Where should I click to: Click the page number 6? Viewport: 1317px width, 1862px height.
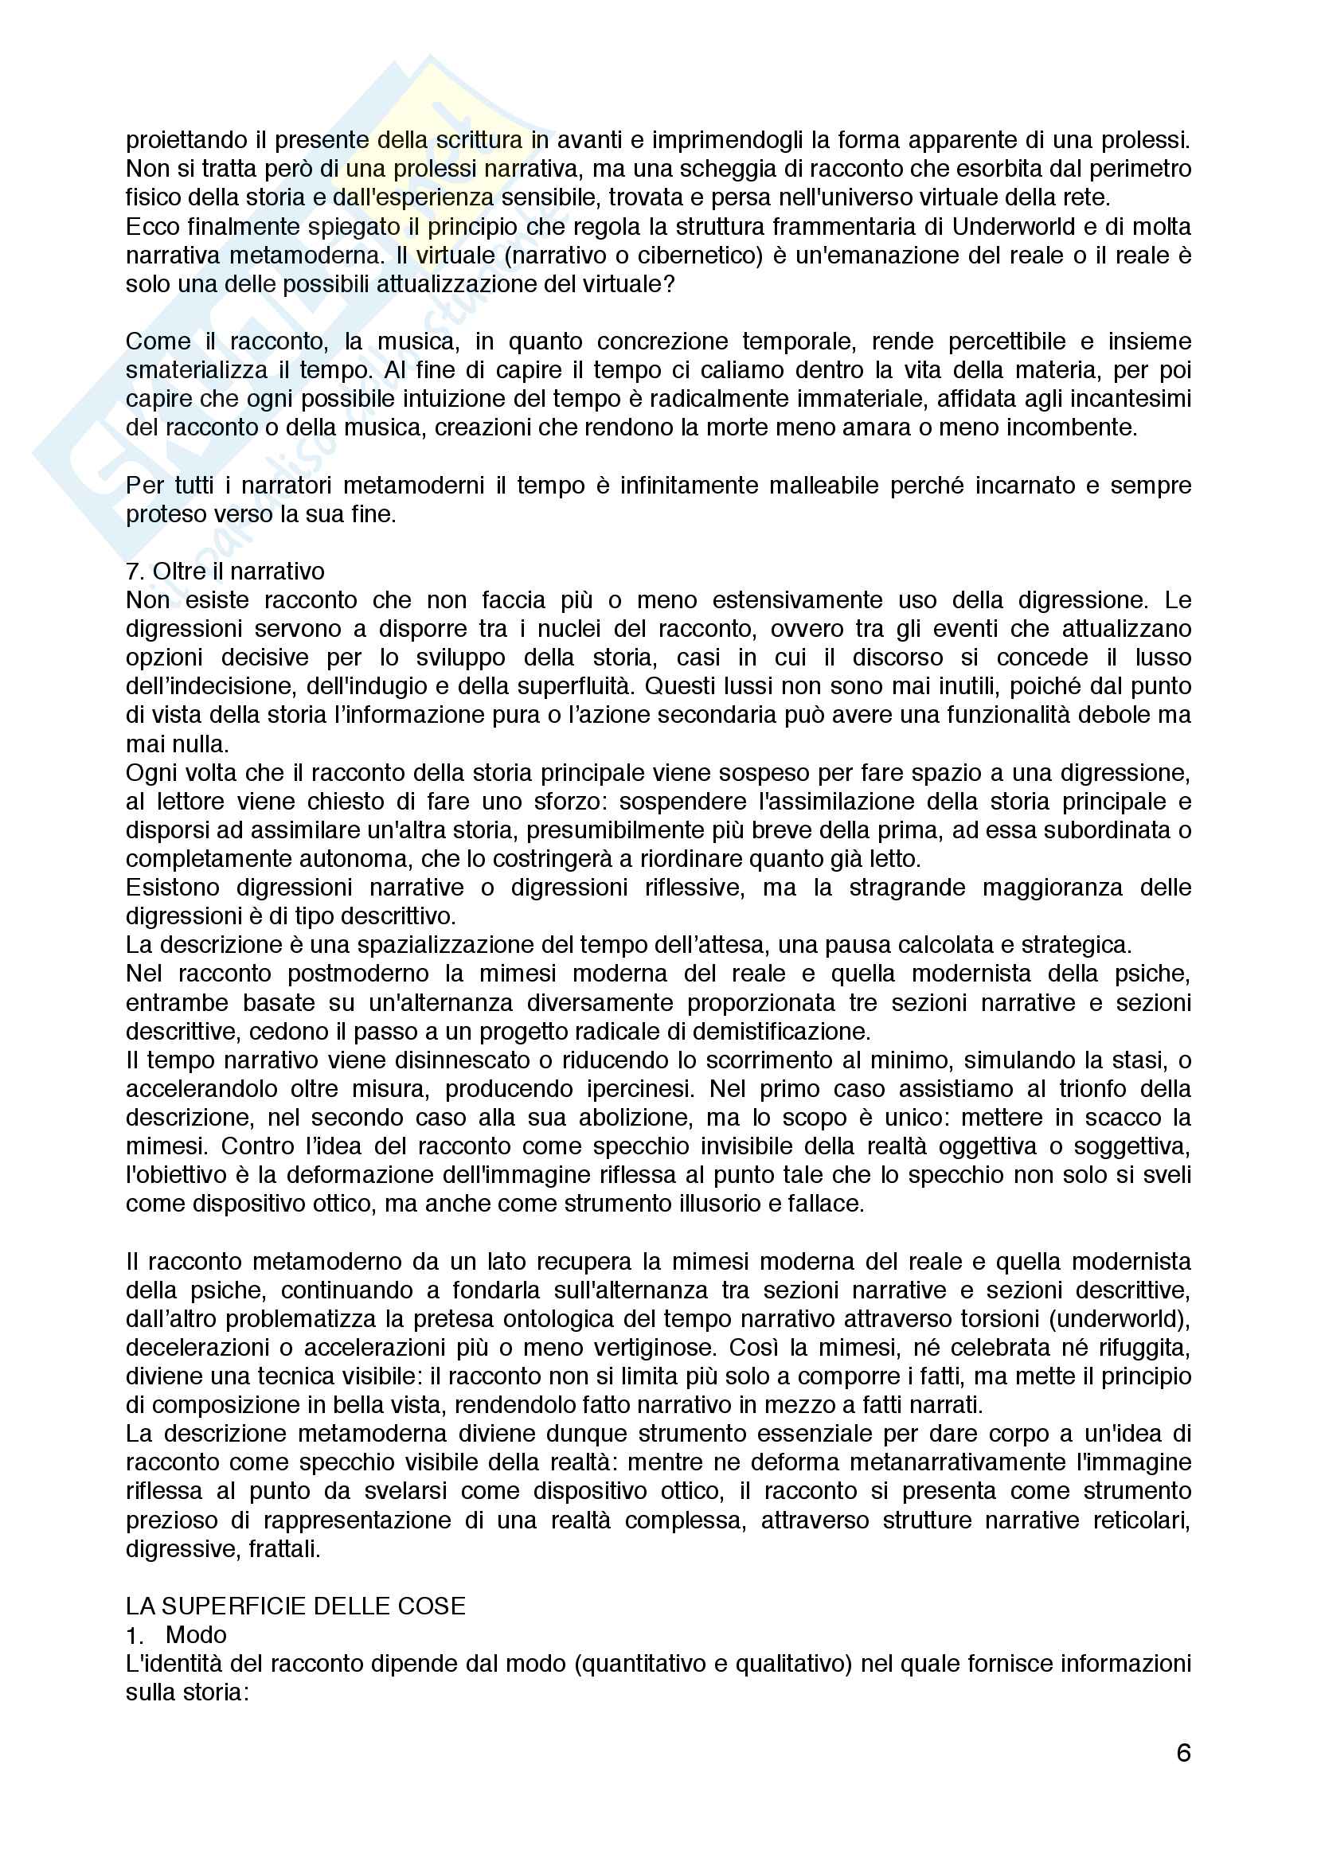(1183, 1753)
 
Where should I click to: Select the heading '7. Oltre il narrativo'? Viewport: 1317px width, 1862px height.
(225, 571)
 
